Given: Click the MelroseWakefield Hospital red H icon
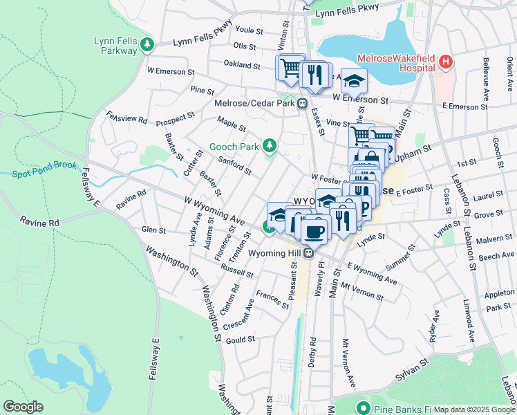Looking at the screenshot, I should point(446,62).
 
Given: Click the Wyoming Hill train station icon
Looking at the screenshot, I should point(310,253).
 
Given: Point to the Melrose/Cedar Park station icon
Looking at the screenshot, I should point(302,104).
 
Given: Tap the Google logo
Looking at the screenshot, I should point(23,407).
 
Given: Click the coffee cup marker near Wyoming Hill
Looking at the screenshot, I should point(315,231).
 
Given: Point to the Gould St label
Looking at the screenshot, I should point(241,339).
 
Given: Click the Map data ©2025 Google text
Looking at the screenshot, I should point(473,409).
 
